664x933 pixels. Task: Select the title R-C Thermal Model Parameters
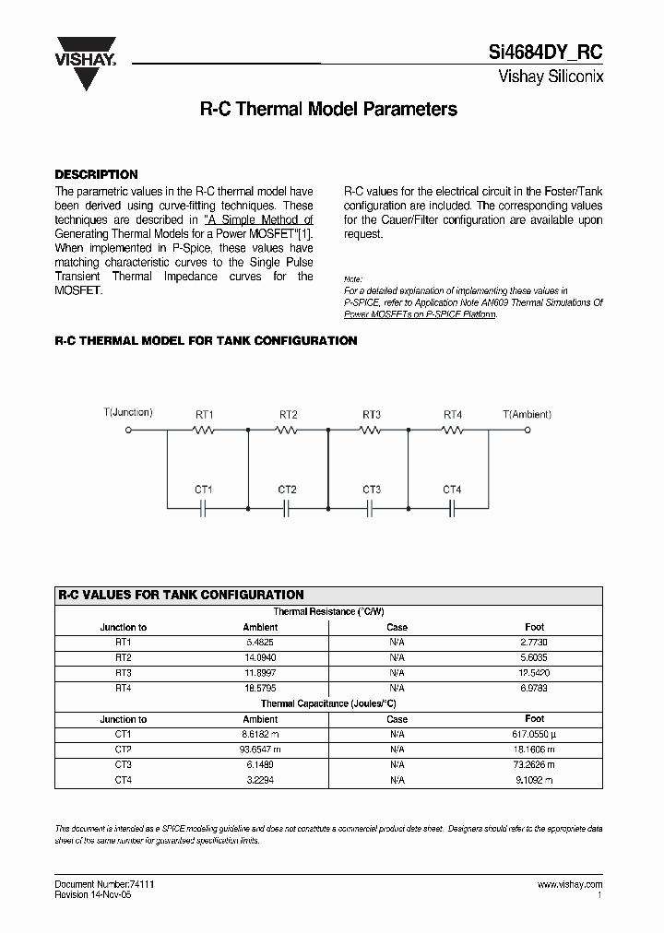tap(328, 109)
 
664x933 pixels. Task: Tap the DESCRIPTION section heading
tap(96, 174)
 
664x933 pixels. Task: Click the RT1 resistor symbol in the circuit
tap(204, 430)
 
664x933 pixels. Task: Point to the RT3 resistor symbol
tap(371, 430)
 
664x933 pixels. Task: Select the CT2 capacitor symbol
tap(287, 507)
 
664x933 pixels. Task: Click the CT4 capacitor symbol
tap(452, 507)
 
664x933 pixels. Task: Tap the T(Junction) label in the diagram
tap(128, 412)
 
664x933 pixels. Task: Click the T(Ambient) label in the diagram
tap(527, 414)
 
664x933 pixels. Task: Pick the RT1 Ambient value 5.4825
tap(260, 641)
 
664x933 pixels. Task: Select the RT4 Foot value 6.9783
tap(535, 688)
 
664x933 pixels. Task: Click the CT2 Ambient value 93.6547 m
tap(260, 750)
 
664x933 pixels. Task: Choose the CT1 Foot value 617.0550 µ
tap(535, 734)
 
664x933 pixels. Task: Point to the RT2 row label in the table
tap(124, 656)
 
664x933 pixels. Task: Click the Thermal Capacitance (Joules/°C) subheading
tap(328, 703)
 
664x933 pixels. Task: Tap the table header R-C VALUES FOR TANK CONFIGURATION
tap(181, 595)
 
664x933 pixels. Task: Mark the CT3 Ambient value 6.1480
tap(260, 764)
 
